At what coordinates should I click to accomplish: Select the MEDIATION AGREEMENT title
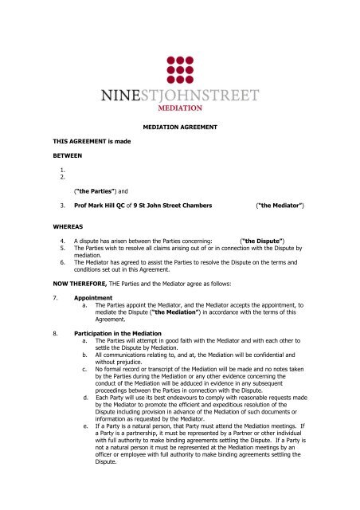click(x=179, y=127)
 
